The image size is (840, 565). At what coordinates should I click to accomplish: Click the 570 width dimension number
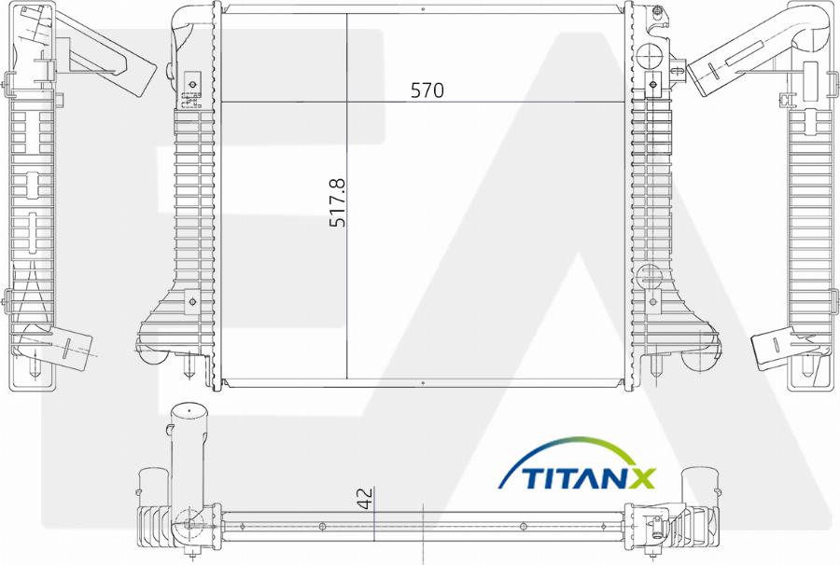[427, 90]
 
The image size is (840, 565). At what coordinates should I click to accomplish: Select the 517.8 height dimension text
[338, 203]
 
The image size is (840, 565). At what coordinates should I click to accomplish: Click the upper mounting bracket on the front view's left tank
[193, 86]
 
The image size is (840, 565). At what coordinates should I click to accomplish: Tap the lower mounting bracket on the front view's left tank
[191, 300]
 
